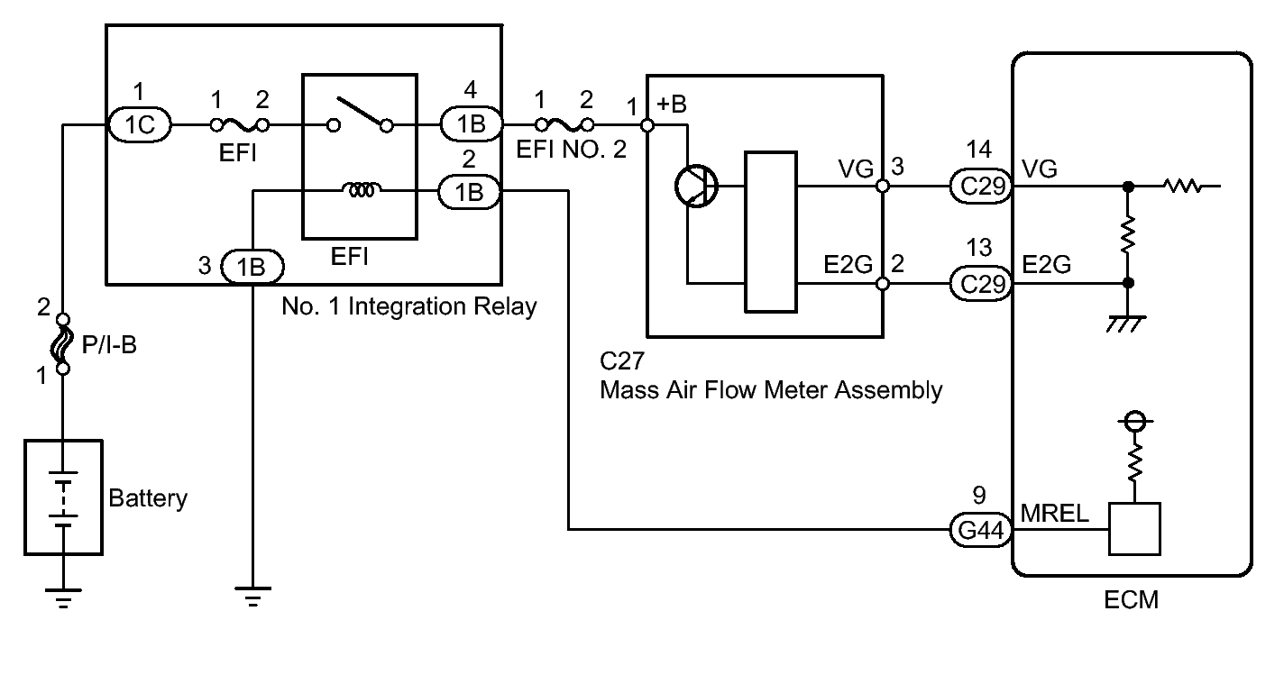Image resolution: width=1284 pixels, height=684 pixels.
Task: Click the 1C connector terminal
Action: point(140,124)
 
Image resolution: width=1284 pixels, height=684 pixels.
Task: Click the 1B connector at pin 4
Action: point(470,124)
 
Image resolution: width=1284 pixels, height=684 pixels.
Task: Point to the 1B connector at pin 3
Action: point(253,267)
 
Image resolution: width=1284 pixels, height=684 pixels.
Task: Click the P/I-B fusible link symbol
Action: point(63,343)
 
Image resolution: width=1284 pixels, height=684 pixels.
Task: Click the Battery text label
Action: point(148,498)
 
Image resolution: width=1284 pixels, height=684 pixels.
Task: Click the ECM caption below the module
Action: point(1132,600)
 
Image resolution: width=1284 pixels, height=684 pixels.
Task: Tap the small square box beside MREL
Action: point(1134,529)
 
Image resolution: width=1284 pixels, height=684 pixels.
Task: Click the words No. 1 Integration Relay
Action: point(408,307)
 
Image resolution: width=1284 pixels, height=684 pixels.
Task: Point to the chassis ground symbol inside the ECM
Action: point(1127,322)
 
